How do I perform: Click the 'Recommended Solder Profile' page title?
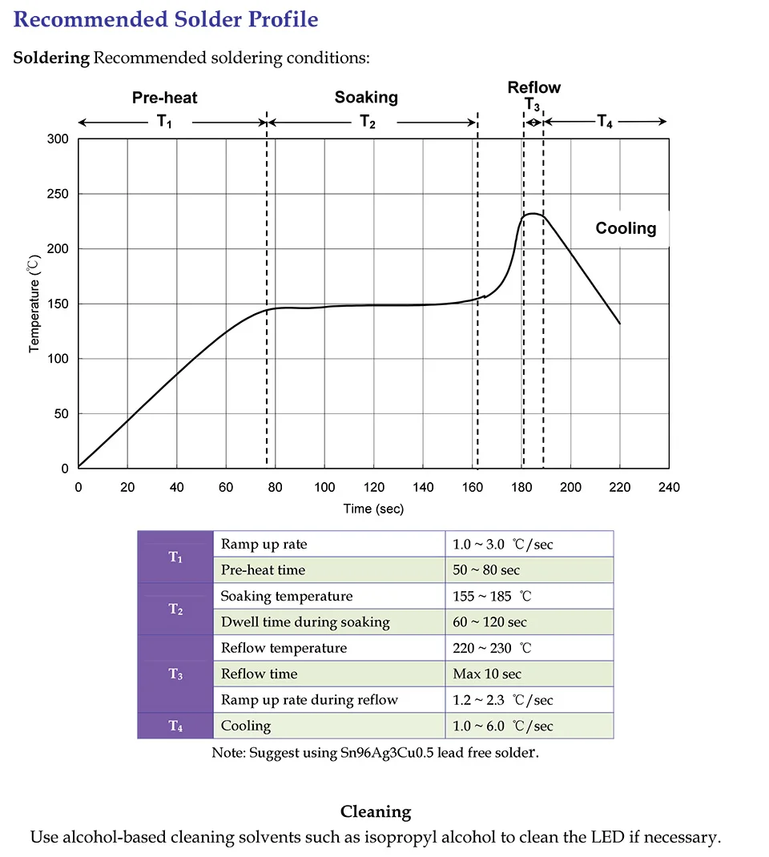[x=166, y=19]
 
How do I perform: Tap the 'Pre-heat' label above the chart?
[x=164, y=98]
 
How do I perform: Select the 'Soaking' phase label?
[x=366, y=97]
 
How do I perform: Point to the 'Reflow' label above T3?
[x=534, y=87]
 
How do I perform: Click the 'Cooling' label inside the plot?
[x=626, y=228]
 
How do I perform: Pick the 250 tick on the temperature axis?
[x=58, y=194]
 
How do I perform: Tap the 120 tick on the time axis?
[x=374, y=487]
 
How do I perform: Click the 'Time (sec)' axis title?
[x=373, y=509]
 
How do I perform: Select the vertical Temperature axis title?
[x=34, y=304]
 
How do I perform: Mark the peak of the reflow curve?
[x=533, y=214]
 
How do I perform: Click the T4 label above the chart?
[x=605, y=121]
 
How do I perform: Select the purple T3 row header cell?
[x=175, y=674]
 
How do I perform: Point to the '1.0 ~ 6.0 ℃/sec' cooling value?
[x=503, y=726]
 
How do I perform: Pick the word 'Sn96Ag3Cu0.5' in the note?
[x=387, y=753]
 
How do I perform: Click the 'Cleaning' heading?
[x=376, y=811]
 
